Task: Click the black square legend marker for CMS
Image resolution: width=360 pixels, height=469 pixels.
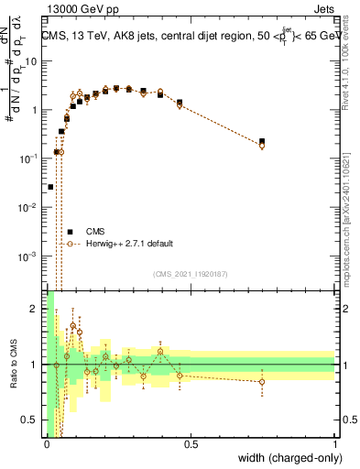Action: (69, 231)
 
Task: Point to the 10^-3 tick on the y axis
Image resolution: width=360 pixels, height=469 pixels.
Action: (28, 256)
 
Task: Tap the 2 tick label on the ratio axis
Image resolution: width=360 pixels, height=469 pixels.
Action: (34, 309)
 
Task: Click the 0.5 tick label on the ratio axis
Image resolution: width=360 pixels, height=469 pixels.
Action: (30, 420)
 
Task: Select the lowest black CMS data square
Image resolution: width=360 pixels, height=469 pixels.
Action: (50, 186)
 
